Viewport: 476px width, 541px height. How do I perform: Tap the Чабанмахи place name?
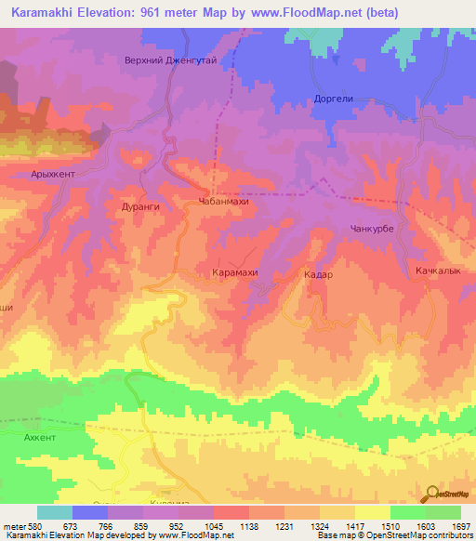tap(224, 201)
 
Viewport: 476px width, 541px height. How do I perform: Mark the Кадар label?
tap(318, 275)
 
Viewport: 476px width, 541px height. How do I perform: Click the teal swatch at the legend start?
tap(54, 512)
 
